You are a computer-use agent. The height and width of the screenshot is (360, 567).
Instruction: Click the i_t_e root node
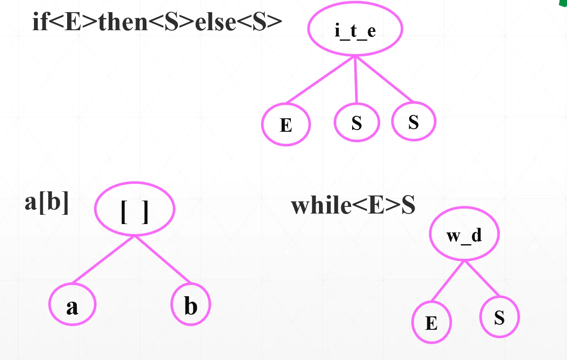click(x=355, y=29)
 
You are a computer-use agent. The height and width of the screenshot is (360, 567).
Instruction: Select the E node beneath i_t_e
click(x=286, y=124)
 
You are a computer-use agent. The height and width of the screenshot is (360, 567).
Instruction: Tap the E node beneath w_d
click(x=431, y=322)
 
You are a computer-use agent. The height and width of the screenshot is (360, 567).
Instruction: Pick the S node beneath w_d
click(x=500, y=317)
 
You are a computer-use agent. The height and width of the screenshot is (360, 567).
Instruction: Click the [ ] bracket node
click(x=135, y=209)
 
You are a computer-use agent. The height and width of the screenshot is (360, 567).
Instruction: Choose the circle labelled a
click(x=72, y=304)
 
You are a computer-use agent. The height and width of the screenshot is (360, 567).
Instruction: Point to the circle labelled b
click(x=191, y=304)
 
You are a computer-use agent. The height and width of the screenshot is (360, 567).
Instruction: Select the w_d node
click(x=465, y=234)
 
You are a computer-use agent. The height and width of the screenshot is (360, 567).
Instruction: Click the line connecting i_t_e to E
click(x=320, y=80)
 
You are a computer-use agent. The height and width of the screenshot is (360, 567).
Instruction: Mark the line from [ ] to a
click(x=103, y=259)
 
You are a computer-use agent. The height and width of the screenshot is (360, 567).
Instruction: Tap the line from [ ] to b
click(x=163, y=259)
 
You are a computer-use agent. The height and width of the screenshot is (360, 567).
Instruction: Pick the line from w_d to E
click(x=448, y=281)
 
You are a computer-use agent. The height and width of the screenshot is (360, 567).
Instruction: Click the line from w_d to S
click(x=482, y=278)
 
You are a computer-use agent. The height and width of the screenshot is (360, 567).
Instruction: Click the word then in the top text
click(x=123, y=22)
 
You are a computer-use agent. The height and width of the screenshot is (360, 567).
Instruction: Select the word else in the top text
click(x=216, y=22)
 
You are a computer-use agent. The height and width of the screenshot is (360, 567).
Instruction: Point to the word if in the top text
click(x=40, y=21)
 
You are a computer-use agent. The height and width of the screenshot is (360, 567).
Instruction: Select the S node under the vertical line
click(x=357, y=122)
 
